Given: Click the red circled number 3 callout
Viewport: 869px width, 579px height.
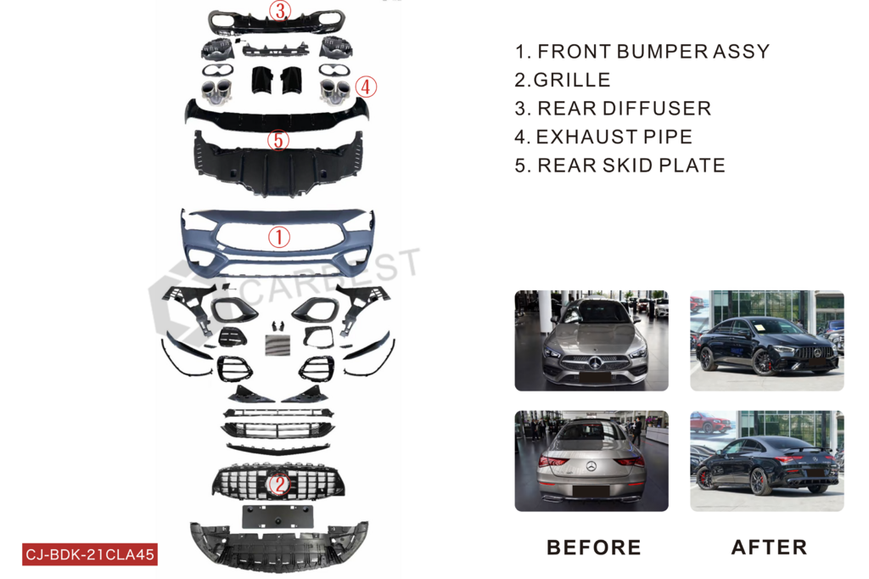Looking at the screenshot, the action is click(280, 10).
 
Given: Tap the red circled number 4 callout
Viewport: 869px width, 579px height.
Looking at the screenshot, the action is click(366, 87).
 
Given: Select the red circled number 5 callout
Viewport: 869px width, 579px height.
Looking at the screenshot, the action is click(278, 140).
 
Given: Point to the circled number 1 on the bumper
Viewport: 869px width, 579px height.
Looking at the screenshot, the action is click(278, 237).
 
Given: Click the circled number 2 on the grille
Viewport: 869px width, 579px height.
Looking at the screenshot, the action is click(278, 484).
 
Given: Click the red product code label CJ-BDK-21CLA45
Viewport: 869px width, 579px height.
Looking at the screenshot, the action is click(90, 554).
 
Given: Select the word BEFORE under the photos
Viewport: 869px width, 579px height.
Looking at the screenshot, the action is click(593, 548).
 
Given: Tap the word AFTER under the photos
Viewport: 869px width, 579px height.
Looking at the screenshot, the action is click(769, 548).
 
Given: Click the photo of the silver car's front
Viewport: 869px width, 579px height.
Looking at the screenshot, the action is click(591, 340).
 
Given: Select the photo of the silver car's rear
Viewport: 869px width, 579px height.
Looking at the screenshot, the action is click(591, 461).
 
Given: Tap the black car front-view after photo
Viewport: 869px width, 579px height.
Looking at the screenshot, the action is click(767, 340).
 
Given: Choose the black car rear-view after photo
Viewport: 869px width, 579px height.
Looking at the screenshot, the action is click(767, 461).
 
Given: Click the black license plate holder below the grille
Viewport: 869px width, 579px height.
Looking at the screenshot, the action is click(278, 517).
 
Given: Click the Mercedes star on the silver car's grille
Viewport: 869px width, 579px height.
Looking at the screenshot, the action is click(595, 363).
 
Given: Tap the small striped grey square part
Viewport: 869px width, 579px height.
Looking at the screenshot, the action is click(278, 345).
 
